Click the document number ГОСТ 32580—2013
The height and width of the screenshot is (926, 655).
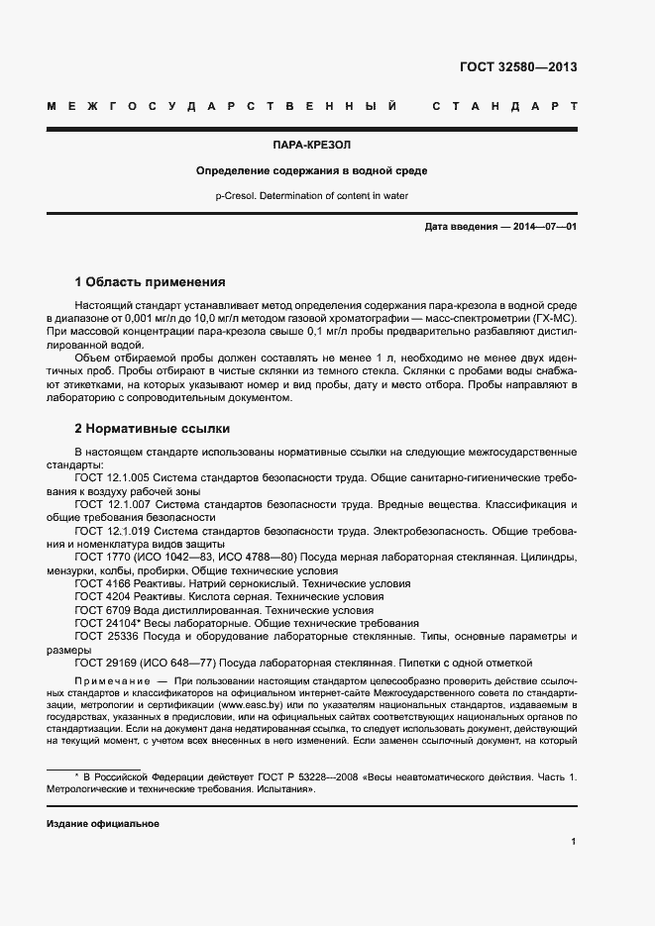click(518, 67)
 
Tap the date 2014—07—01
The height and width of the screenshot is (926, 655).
click(543, 227)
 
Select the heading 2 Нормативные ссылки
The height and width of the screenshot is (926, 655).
click(153, 429)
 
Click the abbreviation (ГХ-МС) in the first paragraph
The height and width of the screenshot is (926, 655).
click(552, 319)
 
